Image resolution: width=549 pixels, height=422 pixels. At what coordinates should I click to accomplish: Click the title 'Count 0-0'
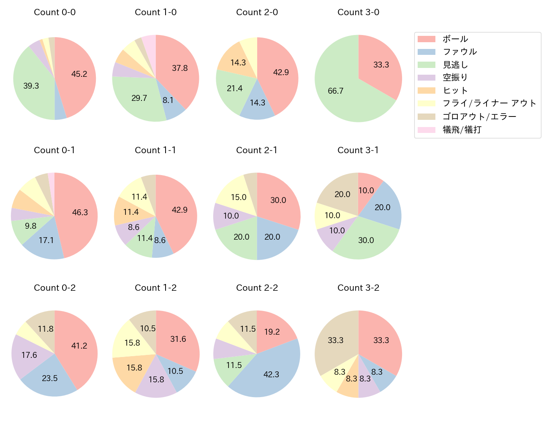click(x=54, y=12)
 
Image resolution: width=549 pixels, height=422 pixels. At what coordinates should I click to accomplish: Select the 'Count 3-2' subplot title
click(x=358, y=288)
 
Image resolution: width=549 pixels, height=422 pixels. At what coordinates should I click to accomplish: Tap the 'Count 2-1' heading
click(x=257, y=150)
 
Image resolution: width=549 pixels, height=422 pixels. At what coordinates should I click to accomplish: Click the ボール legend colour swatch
click(x=426, y=39)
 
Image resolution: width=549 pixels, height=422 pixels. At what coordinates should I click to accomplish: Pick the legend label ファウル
click(x=459, y=52)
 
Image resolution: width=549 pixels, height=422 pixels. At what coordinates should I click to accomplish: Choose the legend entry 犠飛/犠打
click(x=462, y=130)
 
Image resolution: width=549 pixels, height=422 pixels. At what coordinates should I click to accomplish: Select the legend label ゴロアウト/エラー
click(x=479, y=116)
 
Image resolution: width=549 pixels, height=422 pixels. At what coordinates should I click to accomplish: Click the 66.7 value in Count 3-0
click(x=336, y=91)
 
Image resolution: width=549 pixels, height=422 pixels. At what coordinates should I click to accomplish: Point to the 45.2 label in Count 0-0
click(x=79, y=74)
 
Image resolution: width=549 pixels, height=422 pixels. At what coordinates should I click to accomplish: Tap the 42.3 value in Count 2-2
click(x=271, y=374)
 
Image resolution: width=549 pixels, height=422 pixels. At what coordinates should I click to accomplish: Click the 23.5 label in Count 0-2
click(x=50, y=378)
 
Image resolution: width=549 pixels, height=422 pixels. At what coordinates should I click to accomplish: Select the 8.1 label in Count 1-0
click(x=168, y=100)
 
